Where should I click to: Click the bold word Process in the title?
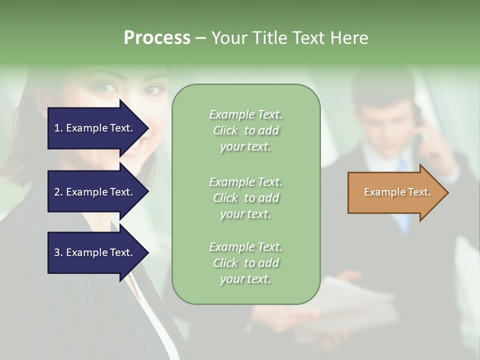click(x=157, y=38)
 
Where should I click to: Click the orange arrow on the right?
click(x=395, y=192)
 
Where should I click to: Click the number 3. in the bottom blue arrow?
click(x=58, y=252)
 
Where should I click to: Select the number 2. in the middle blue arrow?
click(x=58, y=192)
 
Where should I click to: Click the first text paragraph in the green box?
click(x=245, y=130)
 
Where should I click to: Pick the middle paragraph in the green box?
click(x=245, y=198)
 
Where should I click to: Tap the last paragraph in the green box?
click(x=245, y=263)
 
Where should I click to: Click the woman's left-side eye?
click(x=106, y=88)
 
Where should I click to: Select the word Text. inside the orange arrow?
click(x=419, y=192)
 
